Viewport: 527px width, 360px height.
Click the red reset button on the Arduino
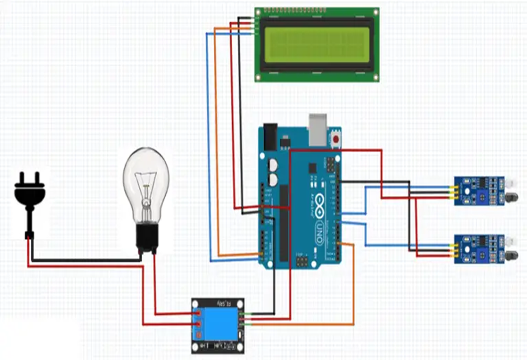pos(336,140)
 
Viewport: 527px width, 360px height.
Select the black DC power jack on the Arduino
pos(270,136)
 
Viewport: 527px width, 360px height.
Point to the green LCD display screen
pos(317,45)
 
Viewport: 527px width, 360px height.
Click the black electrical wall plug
pos(30,192)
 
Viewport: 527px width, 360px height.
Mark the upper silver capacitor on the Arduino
pos(272,165)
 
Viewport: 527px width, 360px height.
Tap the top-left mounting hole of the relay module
pos(196,303)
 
